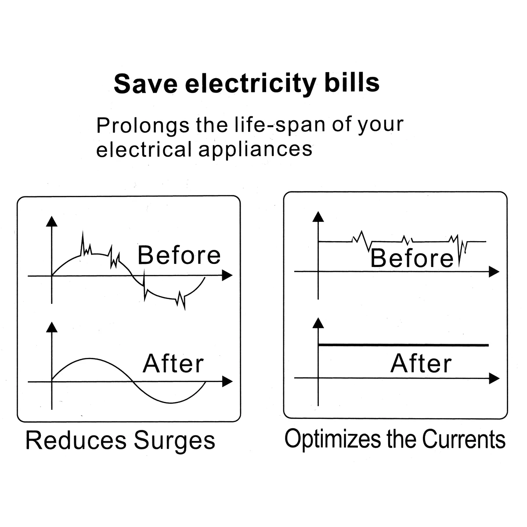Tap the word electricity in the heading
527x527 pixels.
point(251,84)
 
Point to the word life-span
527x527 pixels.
point(280,125)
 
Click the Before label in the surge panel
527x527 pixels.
point(179,255)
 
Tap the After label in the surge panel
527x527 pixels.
point(173,363)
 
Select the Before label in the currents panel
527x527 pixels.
point(412,258)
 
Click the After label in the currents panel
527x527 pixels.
point(421,363)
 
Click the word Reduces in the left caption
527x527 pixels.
point(76,440)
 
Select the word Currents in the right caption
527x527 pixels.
point(464,440)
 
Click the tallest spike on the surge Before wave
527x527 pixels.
point(83,232)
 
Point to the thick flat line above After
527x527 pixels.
point(404,345)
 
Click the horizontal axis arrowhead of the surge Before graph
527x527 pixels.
point(227,275)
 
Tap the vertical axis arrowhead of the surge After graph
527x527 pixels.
point(52,327)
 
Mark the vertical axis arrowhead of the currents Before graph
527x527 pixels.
point(318,217)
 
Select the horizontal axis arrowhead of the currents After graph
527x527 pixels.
point(494,378)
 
